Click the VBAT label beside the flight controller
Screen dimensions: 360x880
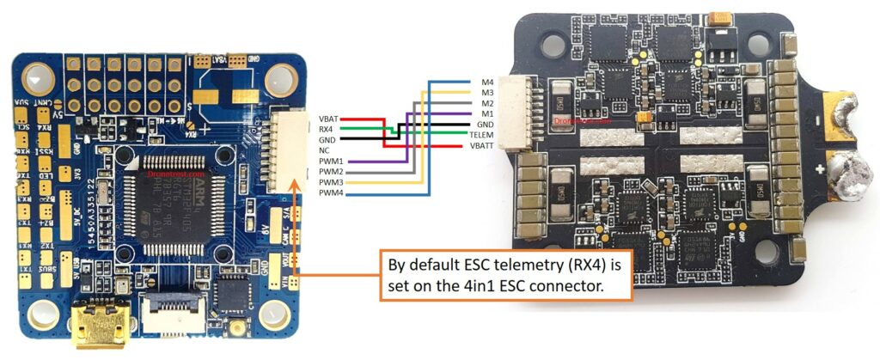point(328,118)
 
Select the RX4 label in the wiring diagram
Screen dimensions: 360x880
point(327,128)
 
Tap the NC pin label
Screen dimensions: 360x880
point(324,149)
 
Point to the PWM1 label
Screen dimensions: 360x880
point(331,161)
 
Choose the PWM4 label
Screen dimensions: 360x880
point(331,193)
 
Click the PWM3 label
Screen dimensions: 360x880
point(331,182)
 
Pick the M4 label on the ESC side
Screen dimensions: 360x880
point(487,82)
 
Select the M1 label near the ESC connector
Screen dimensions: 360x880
point(487,113)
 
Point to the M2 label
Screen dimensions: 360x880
point(487,103)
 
